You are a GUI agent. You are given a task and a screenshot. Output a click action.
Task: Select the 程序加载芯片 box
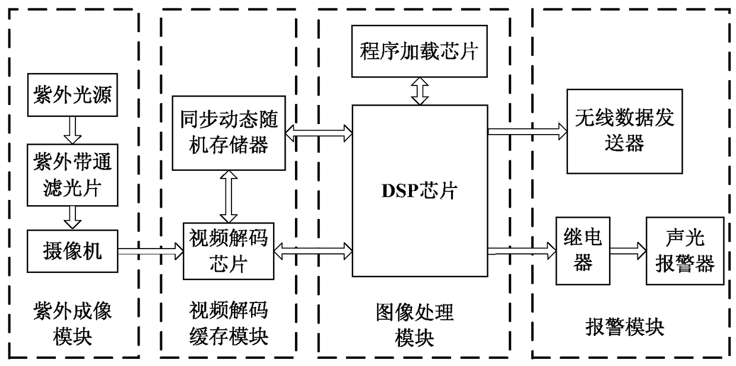419,52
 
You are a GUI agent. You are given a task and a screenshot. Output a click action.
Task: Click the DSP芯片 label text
419,192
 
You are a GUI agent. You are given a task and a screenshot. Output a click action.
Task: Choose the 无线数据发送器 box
624,130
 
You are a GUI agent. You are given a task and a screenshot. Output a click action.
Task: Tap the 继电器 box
582,251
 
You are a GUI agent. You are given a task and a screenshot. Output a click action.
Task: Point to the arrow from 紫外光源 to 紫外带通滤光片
73,131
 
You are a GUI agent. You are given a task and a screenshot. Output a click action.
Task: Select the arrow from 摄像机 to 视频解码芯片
151,252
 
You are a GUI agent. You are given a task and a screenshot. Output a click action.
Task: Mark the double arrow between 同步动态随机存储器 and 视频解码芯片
228,195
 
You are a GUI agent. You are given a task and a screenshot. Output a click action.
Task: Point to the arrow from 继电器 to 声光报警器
627,251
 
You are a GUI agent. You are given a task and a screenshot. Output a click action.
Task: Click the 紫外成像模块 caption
73,323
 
